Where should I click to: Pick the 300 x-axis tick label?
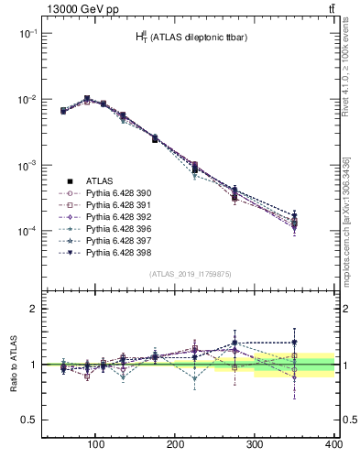tap(254, 443)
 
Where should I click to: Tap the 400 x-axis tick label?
tap(333, 443)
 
